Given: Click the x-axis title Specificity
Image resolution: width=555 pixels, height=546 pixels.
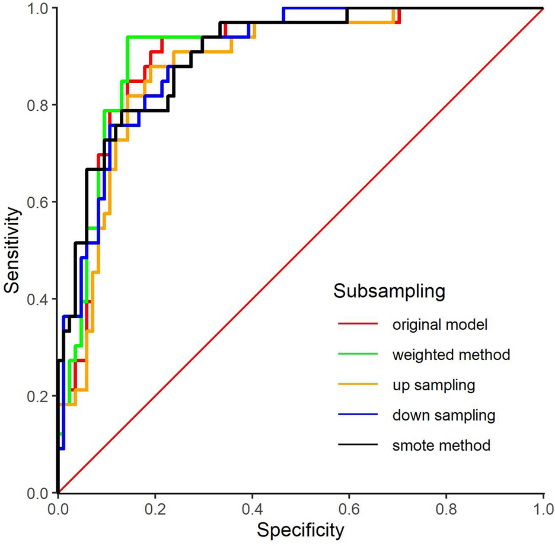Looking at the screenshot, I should (301, 529).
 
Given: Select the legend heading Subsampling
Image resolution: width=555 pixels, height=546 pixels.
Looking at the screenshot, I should (388, 291).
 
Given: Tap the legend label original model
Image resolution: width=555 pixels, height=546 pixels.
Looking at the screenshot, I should (439, 325).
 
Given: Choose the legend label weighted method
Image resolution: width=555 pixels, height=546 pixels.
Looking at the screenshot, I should (451, 355).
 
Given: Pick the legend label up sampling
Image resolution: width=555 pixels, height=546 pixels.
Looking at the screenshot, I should (433, 385).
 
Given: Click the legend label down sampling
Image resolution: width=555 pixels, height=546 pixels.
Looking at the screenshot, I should (443, 415).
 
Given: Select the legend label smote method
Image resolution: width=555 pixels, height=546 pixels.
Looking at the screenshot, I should (441, 445).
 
